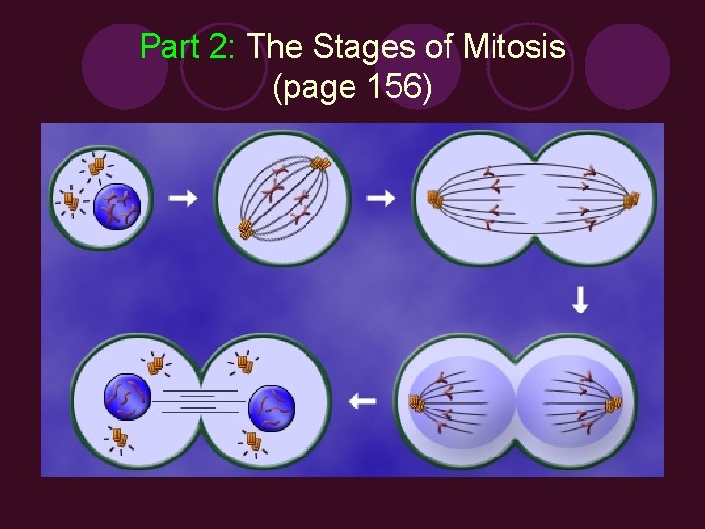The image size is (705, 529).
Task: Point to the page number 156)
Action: [x=392, y=88]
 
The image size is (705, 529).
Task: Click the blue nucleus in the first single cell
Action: [x=117, y=207]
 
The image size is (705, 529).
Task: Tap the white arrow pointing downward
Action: [x=580, y=301]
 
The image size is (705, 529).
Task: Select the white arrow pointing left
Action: [x=362, y=401]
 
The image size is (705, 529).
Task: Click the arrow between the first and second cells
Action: [x=182, y=198]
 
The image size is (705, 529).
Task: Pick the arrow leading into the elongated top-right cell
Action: [x=380, y=199]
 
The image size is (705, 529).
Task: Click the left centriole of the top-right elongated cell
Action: [x=434, y=201]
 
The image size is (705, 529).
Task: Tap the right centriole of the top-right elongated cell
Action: [x=632, y=201]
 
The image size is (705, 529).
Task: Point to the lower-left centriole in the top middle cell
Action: [x=246, y=230]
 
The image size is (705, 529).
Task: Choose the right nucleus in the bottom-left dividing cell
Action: [x=271, y=409]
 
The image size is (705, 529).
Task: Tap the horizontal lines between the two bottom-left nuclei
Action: [x=199, y=402]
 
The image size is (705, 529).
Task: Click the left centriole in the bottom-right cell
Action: [x=416, y=403]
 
